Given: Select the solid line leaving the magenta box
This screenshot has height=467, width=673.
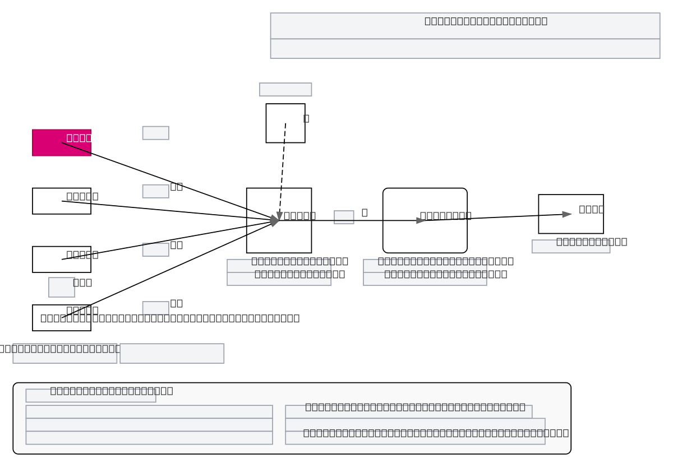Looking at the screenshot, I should (168, 181).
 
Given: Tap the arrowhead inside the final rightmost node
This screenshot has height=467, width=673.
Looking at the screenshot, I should (566, 214).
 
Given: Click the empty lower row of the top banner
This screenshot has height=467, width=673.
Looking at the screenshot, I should (465, 49).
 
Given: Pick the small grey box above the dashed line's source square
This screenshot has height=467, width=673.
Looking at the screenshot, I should (285, 90).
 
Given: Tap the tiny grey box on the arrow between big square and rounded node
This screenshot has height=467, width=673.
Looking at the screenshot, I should (344, 218).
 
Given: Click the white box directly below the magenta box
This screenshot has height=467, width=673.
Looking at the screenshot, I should (45, 206).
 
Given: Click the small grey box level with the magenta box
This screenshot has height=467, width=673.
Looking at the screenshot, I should (156, 133).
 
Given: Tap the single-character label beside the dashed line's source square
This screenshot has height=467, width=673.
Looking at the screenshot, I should (306, 118).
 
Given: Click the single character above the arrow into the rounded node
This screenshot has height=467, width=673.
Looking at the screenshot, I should (365, 212).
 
